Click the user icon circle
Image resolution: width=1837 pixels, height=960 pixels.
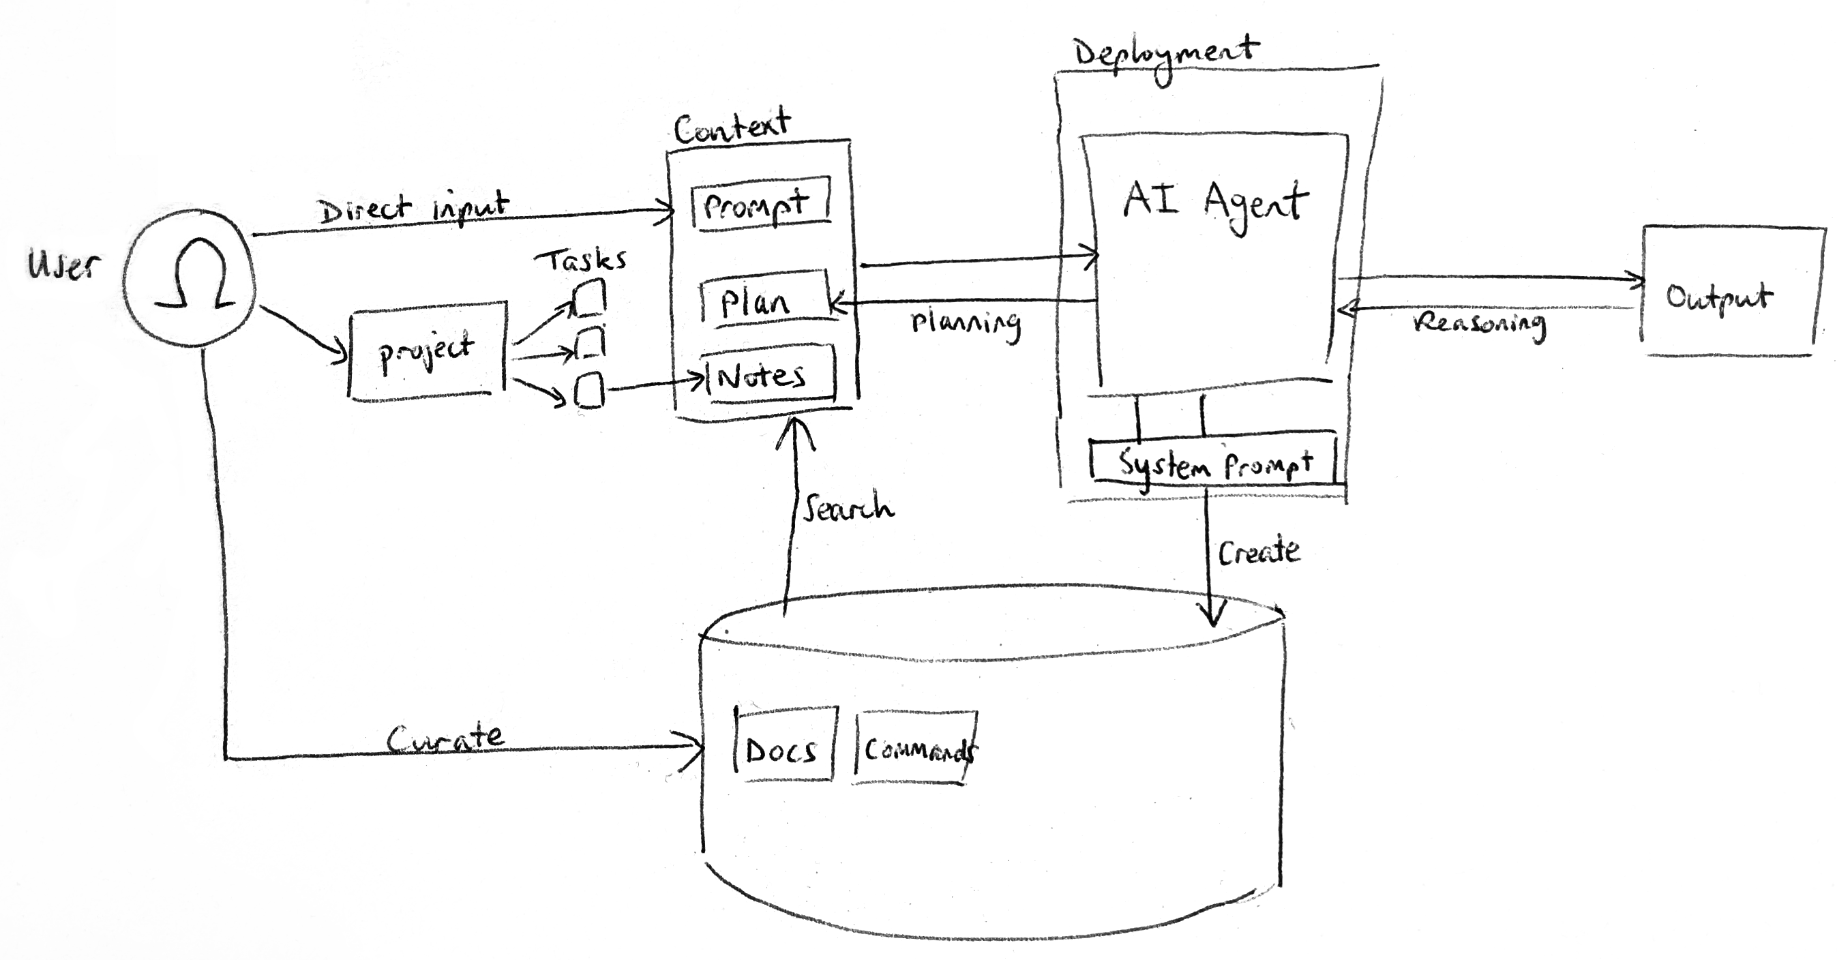click(189, 279)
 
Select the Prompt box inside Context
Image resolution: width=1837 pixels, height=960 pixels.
click(760, 204)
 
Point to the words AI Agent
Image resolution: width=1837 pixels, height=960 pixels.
click(1215, 202)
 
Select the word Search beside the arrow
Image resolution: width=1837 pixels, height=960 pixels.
click(848, 508)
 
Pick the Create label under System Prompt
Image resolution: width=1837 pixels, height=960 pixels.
click(1258, 552)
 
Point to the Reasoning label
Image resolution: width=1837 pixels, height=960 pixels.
click(1479, 325)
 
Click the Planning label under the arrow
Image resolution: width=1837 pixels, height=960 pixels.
click(966, 325)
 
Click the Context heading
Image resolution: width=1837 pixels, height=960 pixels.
click(732, 127)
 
